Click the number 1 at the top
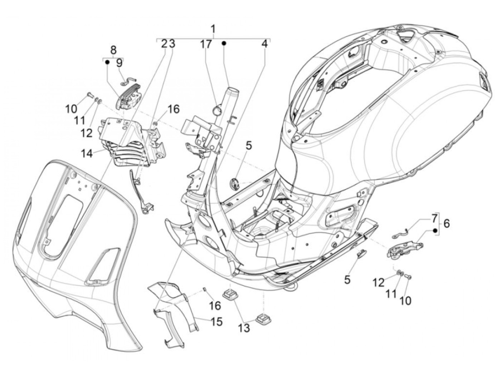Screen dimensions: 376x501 point(213,29)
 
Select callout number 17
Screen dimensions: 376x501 point(206,45)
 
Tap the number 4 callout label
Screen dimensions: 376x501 point(264,44)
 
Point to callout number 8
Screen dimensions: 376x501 point(113,49)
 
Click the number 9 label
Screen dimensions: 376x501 point(119,63)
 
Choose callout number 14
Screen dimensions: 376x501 point(87,153)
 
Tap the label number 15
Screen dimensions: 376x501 point(217,321)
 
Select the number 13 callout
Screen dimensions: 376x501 point(244,327)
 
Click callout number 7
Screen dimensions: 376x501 point(434,218)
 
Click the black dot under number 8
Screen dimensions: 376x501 point(107,62)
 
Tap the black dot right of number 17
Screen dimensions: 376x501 point(224,44)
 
